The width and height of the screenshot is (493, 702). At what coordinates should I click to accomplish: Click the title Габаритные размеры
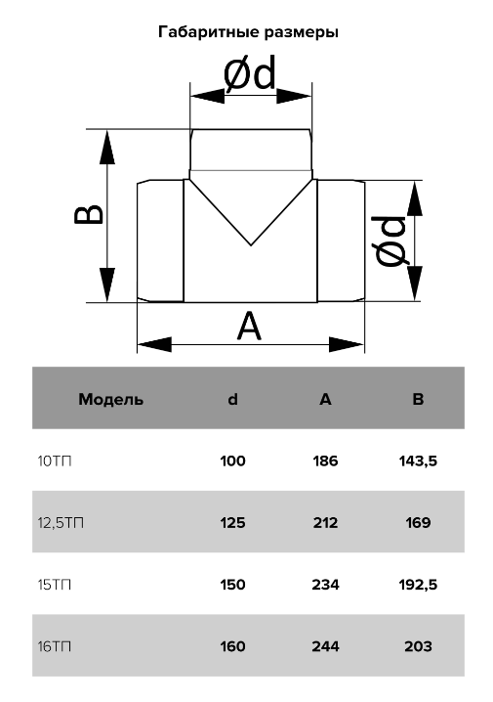coord(248,32)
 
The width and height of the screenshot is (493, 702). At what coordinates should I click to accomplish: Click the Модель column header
coord(111,399)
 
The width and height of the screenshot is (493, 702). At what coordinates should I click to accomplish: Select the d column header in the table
coord(233,399)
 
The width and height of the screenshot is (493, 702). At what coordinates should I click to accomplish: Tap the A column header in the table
coord(325,399)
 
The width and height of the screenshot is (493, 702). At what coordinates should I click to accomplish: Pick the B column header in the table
coord(418,399)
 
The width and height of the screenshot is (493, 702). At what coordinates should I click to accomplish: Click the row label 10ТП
coord(55,461)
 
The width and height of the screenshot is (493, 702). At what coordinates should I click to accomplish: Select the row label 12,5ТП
coord(61,523)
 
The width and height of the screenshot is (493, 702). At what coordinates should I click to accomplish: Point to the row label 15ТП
coord(55,585)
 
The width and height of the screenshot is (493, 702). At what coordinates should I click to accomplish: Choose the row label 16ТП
coord(55,646)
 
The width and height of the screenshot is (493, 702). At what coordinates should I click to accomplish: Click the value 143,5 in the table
coord(418,461)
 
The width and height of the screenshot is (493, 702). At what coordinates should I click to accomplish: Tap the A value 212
coord(325,523)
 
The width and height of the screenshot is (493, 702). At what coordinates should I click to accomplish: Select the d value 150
coord(233,585)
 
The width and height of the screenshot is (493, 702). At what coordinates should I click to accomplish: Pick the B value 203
coord(418,646)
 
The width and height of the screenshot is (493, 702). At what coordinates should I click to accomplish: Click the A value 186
coord(325,461)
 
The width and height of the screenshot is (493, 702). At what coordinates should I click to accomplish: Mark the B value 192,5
coord(418,585)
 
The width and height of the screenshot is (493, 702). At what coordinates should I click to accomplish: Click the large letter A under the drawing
coord(249,327)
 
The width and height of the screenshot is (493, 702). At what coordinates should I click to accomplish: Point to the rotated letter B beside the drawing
coord(89,214)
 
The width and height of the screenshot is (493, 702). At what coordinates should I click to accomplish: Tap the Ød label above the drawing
coord(249,74)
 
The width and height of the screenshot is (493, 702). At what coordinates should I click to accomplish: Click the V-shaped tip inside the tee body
coord(251,244)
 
